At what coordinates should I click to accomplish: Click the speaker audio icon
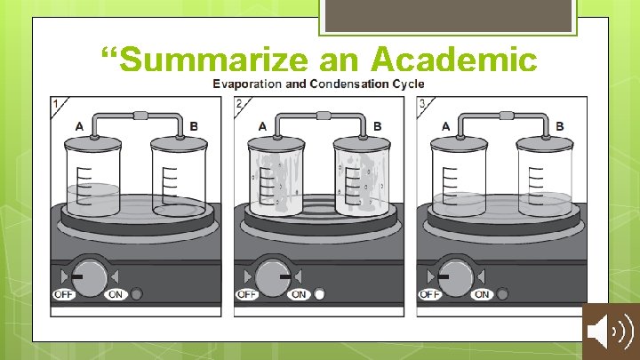(611, 331)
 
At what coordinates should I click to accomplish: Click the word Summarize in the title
(213, 60)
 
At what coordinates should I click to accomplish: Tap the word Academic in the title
(454, 59)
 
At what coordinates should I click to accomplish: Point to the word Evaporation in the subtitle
(247, 84)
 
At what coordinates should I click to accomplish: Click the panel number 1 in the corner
(56, 104)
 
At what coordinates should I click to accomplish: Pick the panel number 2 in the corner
(239, 104)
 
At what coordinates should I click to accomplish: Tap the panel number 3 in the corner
(422, 104)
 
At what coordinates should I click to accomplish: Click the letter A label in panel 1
(80, 126)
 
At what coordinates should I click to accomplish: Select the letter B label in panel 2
(378, 126)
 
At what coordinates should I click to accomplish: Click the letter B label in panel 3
(560, 126)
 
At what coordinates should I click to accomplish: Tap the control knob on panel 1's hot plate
(90, 277)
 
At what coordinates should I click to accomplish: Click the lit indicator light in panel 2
(320, 294)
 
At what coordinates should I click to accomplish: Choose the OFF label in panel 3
(430, 294)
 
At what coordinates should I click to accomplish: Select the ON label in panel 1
(116, 294)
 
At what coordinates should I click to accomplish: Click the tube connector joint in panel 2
(324, 116)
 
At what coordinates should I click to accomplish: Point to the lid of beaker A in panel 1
(93, 143)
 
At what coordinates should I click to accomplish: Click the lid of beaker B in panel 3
(545, 143)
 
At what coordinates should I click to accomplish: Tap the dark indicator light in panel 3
(502, 294)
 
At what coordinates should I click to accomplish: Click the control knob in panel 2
(273, 277)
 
